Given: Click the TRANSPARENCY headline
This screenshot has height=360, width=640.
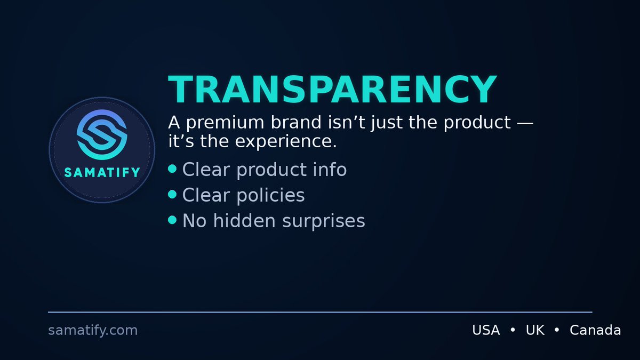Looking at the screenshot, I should click(332, 90).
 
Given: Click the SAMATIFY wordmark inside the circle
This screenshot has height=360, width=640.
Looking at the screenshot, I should click(102, 172).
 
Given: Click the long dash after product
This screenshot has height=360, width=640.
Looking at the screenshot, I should click(525, 123).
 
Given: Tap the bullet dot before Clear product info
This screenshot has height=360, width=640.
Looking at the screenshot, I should click(172, 169).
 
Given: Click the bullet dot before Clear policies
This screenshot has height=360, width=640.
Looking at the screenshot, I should click(172, 195).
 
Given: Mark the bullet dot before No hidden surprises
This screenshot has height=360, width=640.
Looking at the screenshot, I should click(172, 220).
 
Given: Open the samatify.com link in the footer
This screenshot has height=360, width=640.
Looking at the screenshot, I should click(93, 331).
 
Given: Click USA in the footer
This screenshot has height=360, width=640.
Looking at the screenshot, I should click(486, 331).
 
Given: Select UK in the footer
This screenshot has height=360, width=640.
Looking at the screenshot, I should click(535, 331).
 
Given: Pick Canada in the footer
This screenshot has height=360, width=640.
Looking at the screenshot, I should click(595, 331).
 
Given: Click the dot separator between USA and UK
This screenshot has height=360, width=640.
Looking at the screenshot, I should click(513, 331).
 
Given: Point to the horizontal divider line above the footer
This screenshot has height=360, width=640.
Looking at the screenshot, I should click(320, 312).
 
